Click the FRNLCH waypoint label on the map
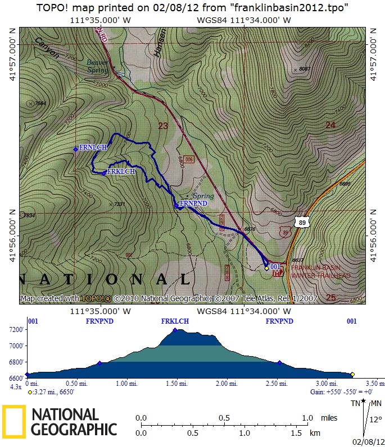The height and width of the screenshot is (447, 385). pyautogui.click(x=93, y=148)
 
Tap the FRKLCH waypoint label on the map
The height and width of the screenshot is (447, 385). pyautogui.click(x=121, y=172)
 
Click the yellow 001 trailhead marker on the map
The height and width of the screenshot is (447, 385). pyautogui.click(x=267, y=268)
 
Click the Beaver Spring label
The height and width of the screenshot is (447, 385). pyautogui.click(x=97, y=67)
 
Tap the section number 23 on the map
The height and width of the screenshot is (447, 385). pyautogui.click(x=163, y=126)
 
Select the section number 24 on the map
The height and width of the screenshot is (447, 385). pyautogui.click(x=330, y=125)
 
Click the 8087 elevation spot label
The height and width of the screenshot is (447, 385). pyautogui.click(x=305, y=69)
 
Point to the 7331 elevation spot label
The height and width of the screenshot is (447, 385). pyautogui.click(x=119, y=204)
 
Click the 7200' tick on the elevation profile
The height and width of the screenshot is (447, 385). pyautogui.click(x=15, y=329)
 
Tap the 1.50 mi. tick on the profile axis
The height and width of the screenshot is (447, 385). pyautogui.click(x=176, y=384)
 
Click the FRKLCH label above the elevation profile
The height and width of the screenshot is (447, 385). pyautogui.click(x=175, y=321)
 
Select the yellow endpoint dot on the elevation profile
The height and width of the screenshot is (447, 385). pyautogui.click(x=352, y=374)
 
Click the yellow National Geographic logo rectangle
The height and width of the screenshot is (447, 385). pyautogui.click(x=14, y=421)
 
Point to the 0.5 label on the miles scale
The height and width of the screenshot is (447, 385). pyautogui.click(x=224, y=418)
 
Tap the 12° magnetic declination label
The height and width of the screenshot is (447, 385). pyautogui.click(x=374, y=419)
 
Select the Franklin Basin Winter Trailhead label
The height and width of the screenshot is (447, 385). pyautogui.click(x=320, y=272)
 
